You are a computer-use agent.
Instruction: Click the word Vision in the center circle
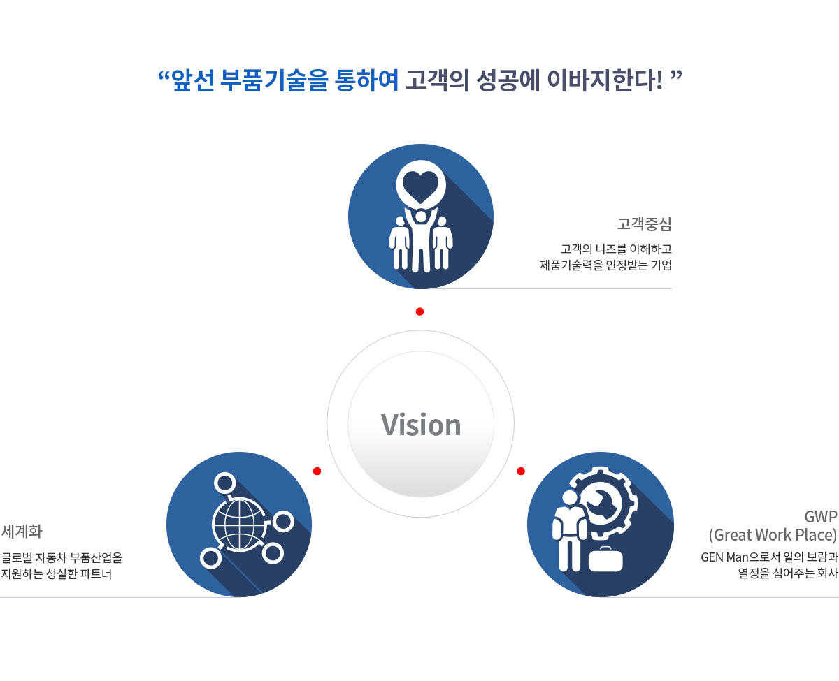click(421, 425)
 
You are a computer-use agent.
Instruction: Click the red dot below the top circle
click(420, 312)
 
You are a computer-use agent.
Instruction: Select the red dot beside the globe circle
click(317, 471)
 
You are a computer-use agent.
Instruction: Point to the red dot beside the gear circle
click(521, 471)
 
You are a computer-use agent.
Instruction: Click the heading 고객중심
click(645, 224)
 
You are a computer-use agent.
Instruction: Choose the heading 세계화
click(22, 532)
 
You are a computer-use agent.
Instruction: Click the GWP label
click(821, 517)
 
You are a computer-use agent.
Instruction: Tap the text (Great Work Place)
click(773, 535)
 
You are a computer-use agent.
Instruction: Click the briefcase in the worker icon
click(605, 559)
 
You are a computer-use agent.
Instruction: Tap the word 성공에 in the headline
click(508, 80)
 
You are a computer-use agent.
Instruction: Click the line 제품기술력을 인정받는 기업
click(605, 265)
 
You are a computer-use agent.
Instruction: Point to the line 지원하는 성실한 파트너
click(57, 574)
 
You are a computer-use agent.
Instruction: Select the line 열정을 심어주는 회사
click(788, 573)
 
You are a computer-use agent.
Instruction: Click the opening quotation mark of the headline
click(164, 75)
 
